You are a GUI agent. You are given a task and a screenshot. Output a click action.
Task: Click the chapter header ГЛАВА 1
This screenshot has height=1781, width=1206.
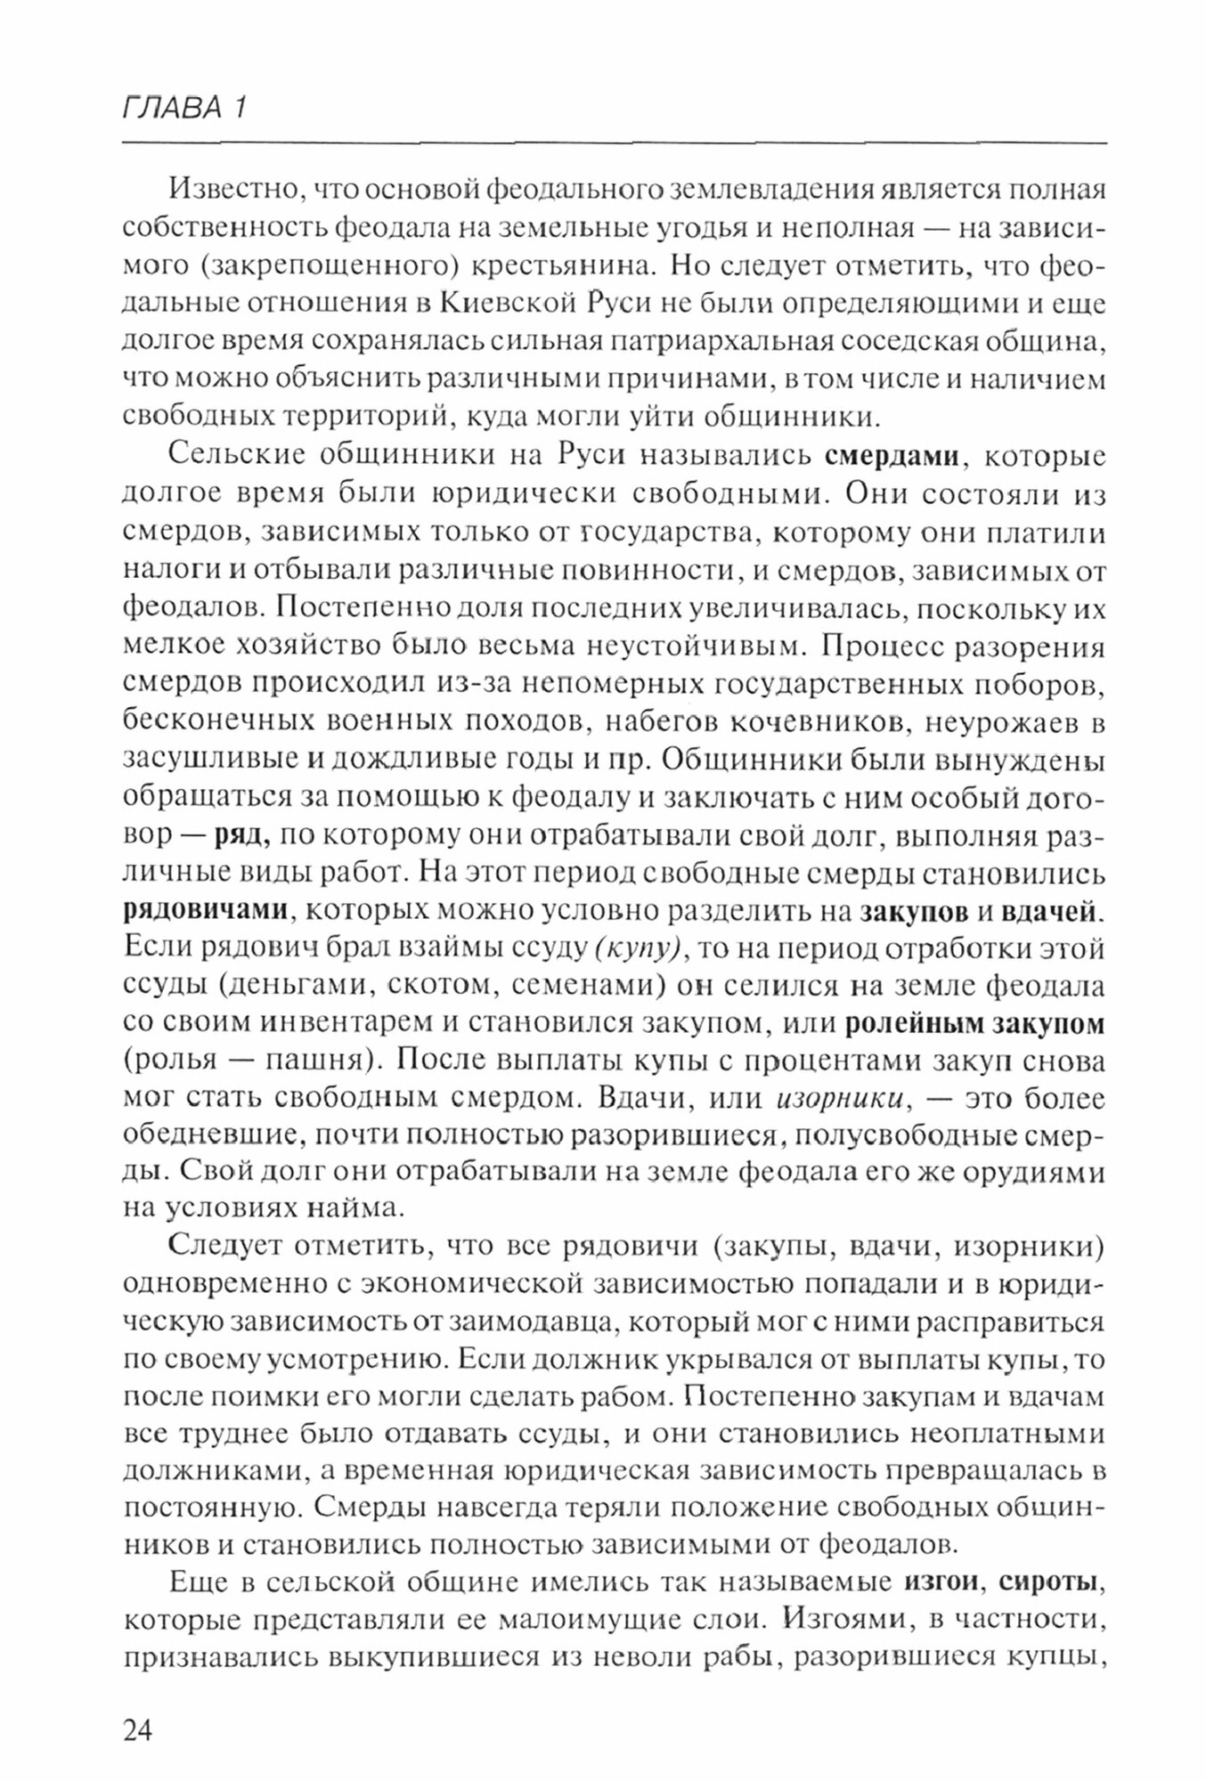pos(183,108)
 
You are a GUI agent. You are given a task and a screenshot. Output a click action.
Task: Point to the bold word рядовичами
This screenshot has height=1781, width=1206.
pos(206,911)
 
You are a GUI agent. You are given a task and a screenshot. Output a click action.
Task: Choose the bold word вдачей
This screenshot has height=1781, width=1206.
pos(1051,911)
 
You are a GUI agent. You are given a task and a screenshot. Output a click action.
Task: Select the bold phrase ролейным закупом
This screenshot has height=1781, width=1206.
pos(974,1024)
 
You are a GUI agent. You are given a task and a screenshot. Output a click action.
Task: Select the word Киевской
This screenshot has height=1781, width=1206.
pos(492,304)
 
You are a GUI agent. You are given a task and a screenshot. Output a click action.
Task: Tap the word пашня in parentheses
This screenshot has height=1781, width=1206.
pos(306,1062)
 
